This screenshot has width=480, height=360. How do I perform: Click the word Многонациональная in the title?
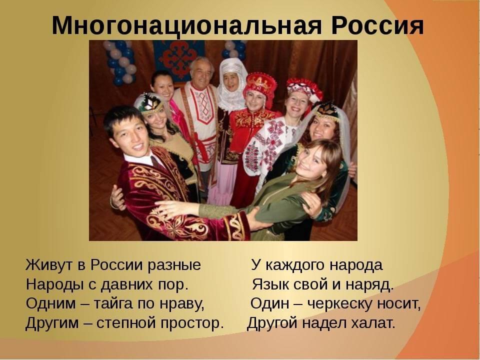186,25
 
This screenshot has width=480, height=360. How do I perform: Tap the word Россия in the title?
377,25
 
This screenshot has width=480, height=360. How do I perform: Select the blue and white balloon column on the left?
121,63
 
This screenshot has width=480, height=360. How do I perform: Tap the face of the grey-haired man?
201,74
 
